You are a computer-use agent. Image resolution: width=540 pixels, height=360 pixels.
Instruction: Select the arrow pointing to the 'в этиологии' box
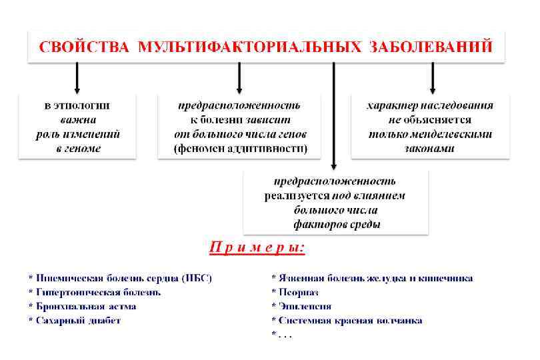[77, 77]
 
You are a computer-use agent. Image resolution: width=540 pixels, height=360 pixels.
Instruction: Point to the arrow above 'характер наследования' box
[432, 77]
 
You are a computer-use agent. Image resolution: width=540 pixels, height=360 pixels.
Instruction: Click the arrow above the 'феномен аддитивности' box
[239, 77]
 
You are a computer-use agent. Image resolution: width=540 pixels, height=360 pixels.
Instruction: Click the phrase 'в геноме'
[78, 149]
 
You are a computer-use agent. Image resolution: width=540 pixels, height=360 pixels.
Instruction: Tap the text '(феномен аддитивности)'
[241, 149]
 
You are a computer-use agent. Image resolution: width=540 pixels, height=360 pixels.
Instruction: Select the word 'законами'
[430, 149]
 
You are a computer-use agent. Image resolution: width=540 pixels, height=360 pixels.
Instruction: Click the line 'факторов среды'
[337, 225]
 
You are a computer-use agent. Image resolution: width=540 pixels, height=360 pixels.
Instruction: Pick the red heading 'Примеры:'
[257, 248]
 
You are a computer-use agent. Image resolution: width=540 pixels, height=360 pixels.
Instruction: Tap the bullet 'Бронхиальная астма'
[85, 307]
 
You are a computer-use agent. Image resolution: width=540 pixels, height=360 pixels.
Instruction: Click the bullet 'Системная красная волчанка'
[349, 321]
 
